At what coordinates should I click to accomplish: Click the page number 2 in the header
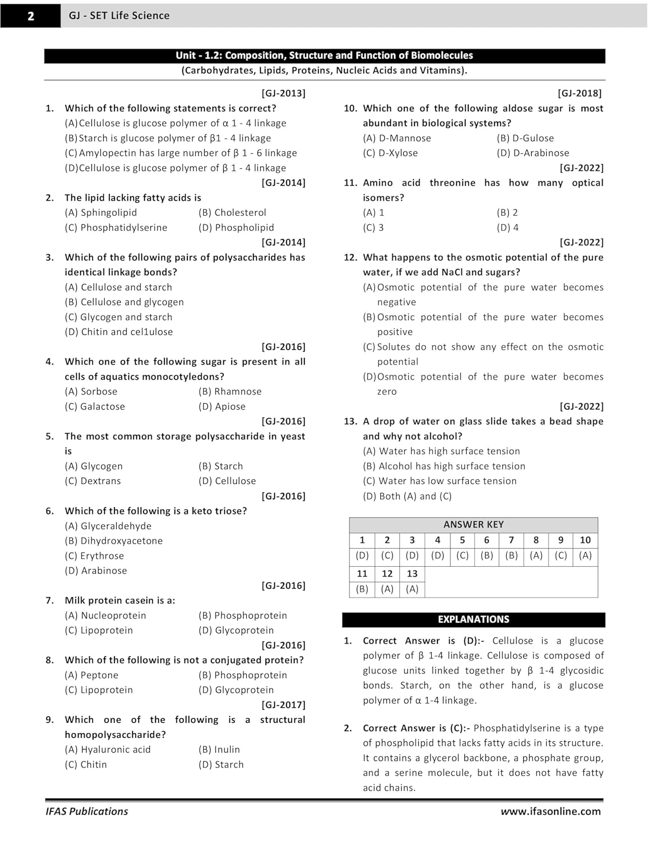[30, 16]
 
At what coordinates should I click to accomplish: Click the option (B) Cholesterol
[232, 212]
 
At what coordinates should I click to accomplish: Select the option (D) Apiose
[222, 406]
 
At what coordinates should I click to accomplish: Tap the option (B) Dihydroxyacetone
[114, 540]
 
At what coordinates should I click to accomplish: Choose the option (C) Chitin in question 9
[86, 764]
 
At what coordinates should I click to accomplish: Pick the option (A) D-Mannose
[397, 138]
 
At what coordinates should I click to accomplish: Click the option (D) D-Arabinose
[533, 153]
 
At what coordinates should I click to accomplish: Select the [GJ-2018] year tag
[580, 93]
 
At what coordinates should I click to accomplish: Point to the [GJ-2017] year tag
[283, 705]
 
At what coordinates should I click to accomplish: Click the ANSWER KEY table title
[473, 524]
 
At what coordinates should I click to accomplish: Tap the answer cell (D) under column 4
[437, 556]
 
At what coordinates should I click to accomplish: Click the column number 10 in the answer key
[585, 540]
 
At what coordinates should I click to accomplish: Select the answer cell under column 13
[412, 589]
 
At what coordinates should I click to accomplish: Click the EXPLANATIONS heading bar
[473, 620]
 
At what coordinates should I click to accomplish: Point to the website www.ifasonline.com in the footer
[551, 811]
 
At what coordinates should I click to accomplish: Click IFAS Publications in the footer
[87, 811]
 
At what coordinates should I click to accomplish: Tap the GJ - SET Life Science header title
[119, 16]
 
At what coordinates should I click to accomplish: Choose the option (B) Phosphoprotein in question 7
[242, 616]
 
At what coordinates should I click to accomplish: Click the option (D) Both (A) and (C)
[407, 496]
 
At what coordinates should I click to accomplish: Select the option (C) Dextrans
[93, 481]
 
